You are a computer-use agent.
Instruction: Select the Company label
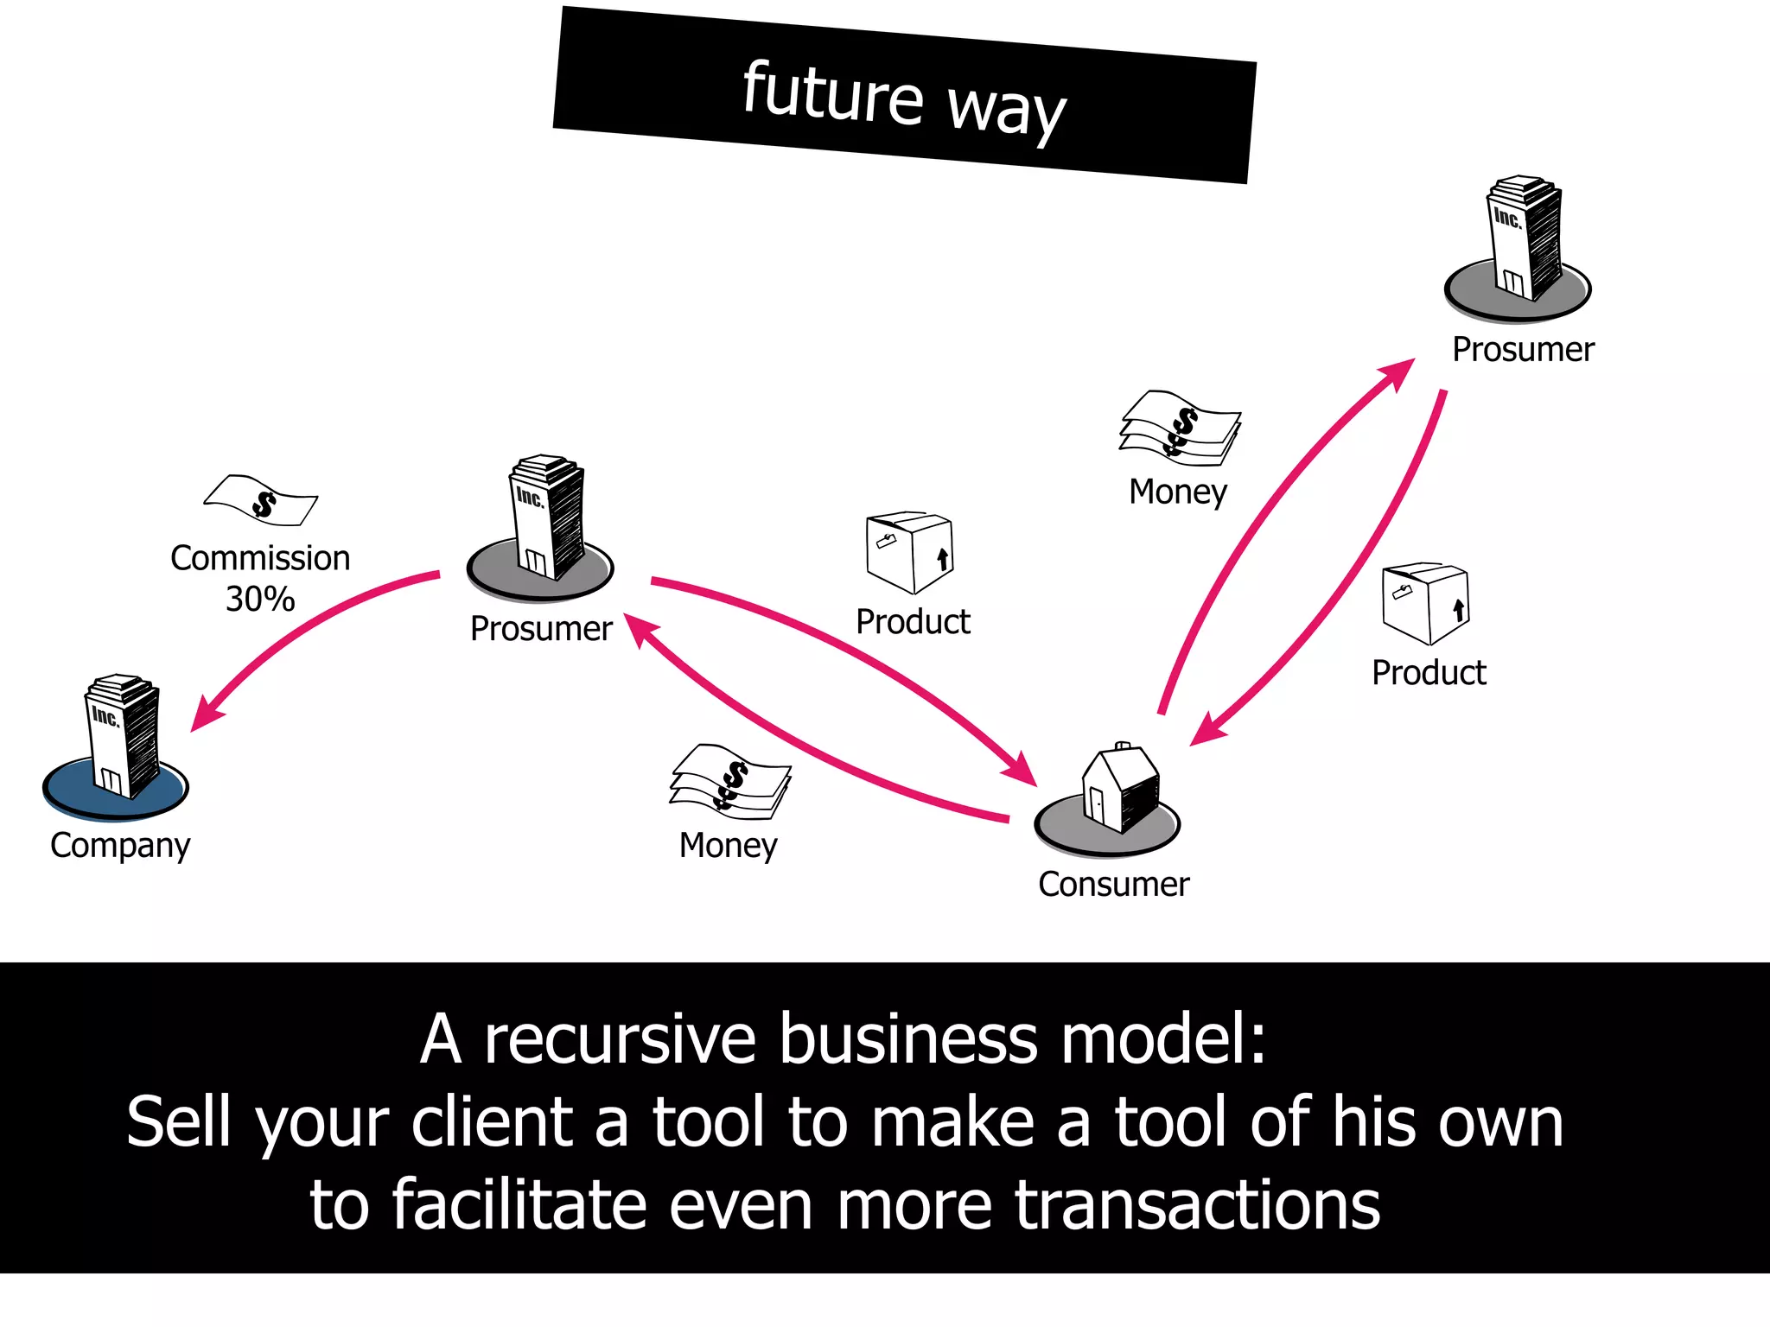coord(120,844)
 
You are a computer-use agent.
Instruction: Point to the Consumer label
coord(1113,884)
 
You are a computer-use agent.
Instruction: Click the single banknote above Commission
coord(261,500)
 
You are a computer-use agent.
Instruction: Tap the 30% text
coord(260,599)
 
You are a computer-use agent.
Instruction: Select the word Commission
coord(260,558)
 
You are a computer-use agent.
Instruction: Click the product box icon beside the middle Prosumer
coord(909,551)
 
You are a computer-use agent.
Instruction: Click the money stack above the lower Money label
coord(730,780)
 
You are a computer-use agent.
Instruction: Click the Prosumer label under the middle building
coord(541,628)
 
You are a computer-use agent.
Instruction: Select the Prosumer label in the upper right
coord(1523,349)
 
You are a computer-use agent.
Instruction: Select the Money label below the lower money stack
coord(728,845)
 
